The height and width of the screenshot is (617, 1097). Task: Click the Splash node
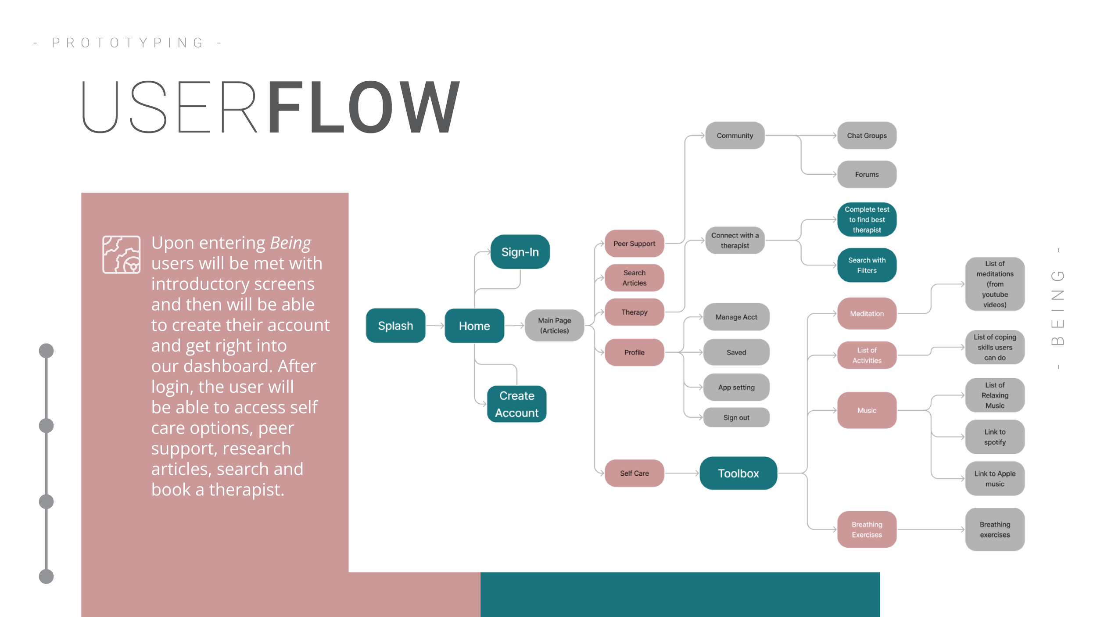[395, 326]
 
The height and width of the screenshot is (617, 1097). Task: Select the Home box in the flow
[474, 326]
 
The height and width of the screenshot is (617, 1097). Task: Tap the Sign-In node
[520, 252]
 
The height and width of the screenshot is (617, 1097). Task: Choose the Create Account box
[516, 404]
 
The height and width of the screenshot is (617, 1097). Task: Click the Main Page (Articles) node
[554, 326]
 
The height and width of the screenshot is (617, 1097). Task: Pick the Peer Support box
[634, 244]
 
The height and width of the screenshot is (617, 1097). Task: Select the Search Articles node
[634, 278]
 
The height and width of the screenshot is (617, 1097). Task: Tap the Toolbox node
[738, 473]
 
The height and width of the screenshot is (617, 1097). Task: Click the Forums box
[867, 174]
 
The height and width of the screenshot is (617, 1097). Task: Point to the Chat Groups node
[867, 136]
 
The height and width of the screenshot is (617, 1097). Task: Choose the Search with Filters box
[867, 265]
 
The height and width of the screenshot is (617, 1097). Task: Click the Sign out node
[736, 417]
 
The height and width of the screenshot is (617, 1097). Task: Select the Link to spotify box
[995, 437]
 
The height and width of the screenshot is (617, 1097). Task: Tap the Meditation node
[867, 313]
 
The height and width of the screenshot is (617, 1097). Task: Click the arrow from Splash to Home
[435, 326]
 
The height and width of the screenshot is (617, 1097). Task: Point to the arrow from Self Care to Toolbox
[682, 473]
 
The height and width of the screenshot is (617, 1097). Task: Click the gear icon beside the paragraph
[122, 255]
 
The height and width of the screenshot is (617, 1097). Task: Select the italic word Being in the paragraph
[290, 243]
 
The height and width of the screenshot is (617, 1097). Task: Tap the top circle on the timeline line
[46, 351]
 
